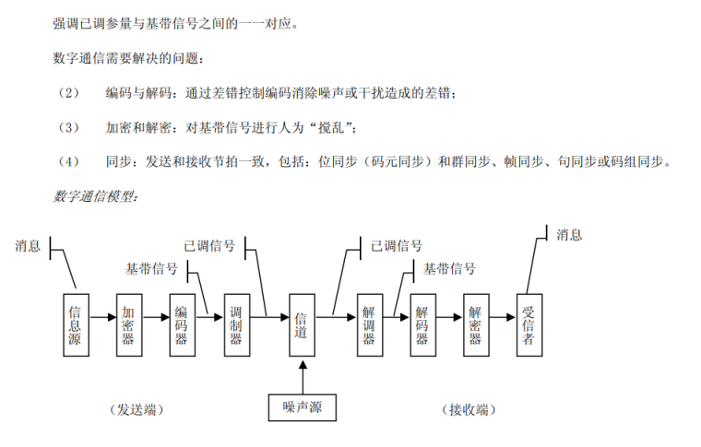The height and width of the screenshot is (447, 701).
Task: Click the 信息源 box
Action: tap(76, 324)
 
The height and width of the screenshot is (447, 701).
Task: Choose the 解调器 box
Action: tap(369, 324)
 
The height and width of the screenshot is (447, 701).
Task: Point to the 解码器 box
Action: tap(422, 324)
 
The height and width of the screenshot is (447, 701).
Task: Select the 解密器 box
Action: tap(475, 324)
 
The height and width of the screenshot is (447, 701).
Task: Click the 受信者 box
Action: tap(529, 324)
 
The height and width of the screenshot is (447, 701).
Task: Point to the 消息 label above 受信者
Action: tap(569, 235)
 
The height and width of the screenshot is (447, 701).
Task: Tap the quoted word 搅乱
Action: tap(328, 126)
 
